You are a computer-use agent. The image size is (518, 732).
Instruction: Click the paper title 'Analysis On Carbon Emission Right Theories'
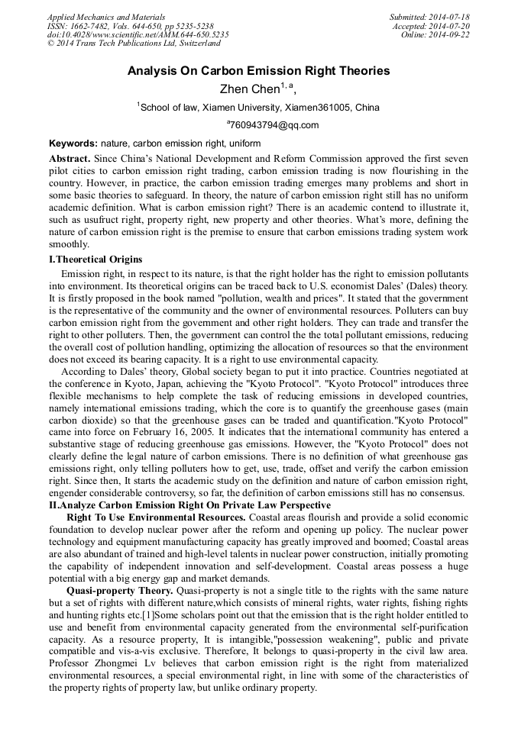[x=258, y=71]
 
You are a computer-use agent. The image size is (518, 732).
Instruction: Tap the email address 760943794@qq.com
[x=274, y=125]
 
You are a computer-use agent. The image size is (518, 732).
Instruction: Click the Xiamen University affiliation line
[x=258, y=108]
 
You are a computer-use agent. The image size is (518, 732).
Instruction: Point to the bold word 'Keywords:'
[x=73, y=143]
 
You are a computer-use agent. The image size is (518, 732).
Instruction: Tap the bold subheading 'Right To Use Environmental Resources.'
[x=157, y=518]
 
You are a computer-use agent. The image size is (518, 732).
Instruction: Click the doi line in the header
[x=138, y=35]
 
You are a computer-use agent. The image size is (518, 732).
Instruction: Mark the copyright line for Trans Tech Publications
[x=134, y=44]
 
